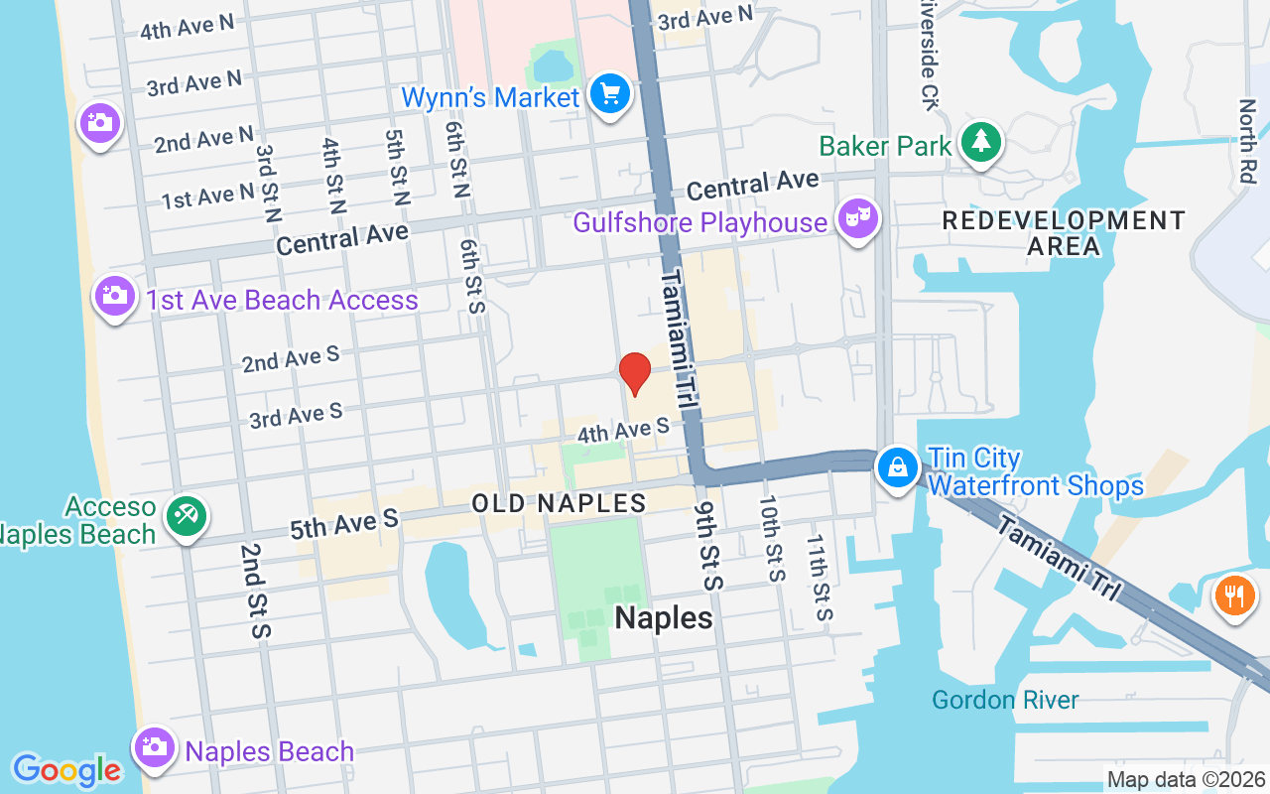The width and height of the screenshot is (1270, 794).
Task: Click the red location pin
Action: (634, 374)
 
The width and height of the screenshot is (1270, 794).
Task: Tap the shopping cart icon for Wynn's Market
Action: (609, 95)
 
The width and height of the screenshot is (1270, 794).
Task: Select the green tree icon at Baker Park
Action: (981, 142)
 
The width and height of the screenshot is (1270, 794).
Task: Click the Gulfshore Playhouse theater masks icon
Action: (858, 219)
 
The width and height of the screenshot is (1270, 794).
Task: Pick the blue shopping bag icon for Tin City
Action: (898, 467)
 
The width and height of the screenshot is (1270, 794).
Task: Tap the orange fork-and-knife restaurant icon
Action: (1234, 595)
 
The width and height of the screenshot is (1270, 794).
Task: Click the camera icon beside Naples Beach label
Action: (155, 747)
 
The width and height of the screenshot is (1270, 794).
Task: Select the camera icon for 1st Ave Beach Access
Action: (115, 296)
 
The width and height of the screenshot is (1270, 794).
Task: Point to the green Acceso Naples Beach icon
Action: (186, 515)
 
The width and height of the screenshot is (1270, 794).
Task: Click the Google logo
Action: (66, 770)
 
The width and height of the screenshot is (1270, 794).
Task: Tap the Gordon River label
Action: (1005, 701)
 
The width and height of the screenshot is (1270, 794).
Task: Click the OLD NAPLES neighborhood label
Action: (559, 503)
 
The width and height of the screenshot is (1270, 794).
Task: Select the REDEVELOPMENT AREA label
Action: (1063, 233)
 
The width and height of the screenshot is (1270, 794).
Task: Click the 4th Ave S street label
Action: (623, 431)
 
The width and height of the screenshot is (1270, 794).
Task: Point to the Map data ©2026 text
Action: (1185, 779)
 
